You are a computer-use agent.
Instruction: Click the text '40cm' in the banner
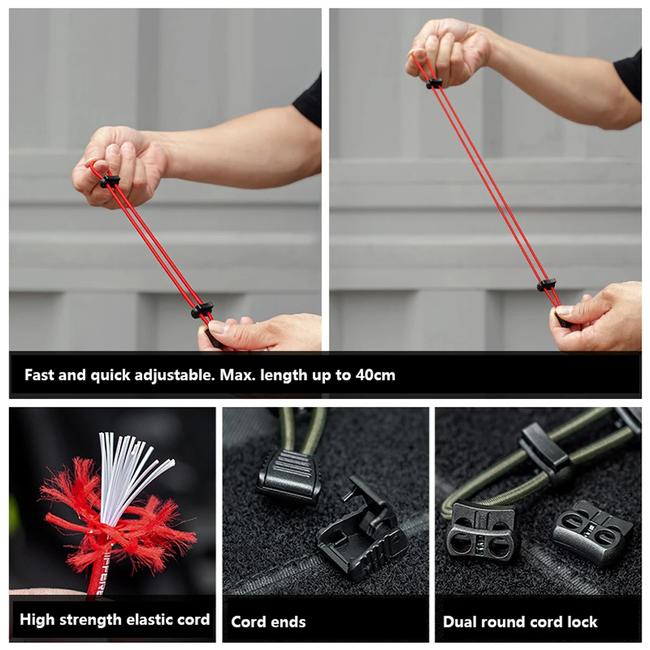pos(375,375)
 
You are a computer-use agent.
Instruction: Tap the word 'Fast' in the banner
pos(39,375)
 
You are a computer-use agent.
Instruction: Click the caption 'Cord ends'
pos(268,622)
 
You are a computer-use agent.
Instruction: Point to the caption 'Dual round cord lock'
pos(520,622)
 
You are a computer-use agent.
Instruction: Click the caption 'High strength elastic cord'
pos(115,619)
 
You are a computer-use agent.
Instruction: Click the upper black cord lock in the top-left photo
pos(110,181)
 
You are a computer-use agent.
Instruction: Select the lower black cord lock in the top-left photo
pos(202,309)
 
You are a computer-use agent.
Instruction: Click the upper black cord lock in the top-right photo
pos(434,83)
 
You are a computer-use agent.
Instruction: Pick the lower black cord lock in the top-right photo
pos(547,285)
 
